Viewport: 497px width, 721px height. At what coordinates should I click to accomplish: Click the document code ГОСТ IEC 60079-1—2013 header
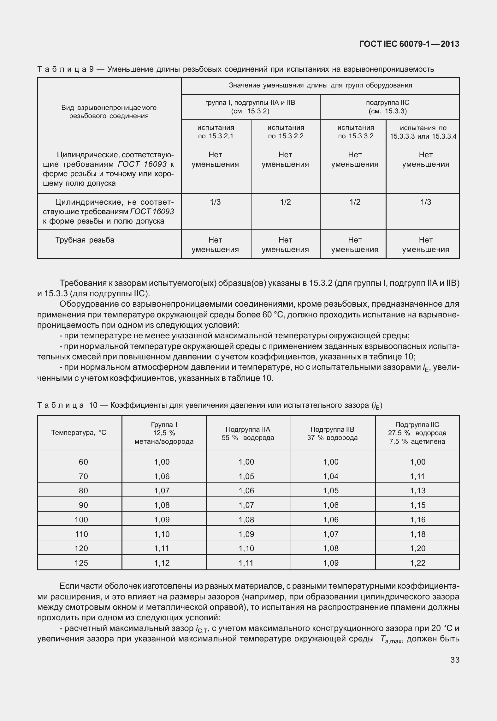[x=409, y=44]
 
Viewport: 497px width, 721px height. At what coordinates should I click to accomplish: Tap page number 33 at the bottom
[x=455, y=660]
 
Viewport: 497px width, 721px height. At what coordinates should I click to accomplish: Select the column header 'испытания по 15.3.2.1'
[x=216, y=132]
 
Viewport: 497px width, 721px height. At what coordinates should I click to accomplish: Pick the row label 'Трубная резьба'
[x=85, y=240]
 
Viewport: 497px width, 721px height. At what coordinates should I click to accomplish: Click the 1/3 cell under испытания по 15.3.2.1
[x=216, y=202]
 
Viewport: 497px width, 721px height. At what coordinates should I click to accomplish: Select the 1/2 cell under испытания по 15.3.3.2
[x=355, y=202]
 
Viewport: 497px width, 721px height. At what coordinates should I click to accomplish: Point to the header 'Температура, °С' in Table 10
[x=79, y=433]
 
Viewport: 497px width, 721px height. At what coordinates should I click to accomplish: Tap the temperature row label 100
[x=81, y=520]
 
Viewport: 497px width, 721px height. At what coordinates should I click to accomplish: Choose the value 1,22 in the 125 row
[x=418, y=563]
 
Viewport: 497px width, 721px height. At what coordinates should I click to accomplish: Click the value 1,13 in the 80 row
[x=418, y=490]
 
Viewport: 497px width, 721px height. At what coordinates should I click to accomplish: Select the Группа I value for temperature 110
[x=162, y=534]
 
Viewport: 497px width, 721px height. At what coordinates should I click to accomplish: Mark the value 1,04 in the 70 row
[x=331, y=476]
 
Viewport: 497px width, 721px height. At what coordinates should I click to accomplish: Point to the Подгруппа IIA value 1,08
[x=246, y=520]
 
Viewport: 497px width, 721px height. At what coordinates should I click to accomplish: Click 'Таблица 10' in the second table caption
[x=68, y=405]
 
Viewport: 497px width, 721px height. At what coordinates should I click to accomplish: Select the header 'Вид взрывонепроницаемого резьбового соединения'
[x=109, y=112]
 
